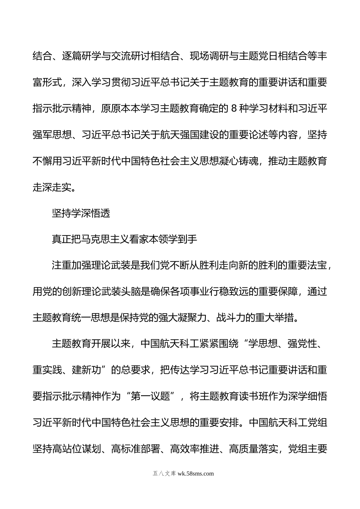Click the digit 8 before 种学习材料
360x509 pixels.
[x=233, y=109]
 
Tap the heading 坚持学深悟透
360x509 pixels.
[x=81, y=213]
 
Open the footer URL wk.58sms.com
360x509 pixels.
[x=196, y=473]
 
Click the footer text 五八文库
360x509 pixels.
[x=164, y=473]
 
